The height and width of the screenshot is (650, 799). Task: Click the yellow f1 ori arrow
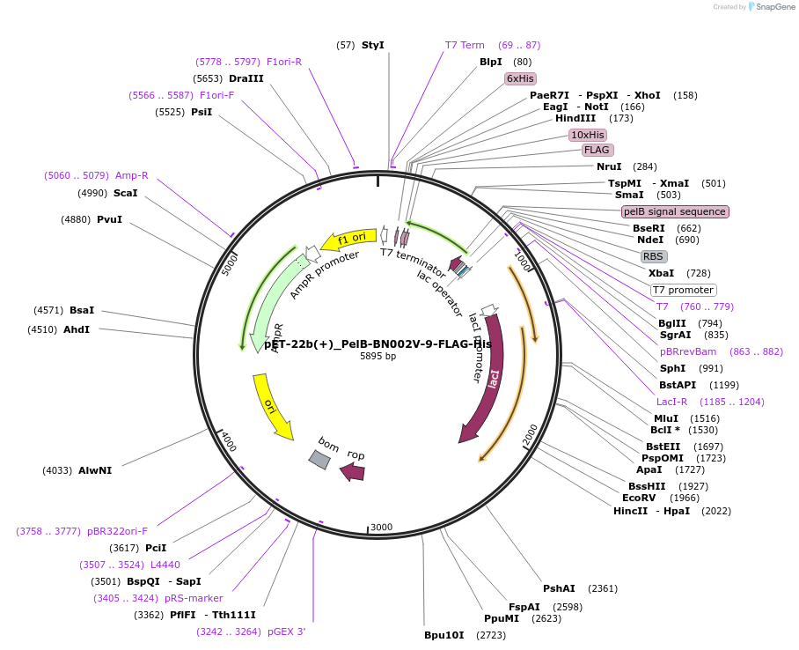(x=348, y=239)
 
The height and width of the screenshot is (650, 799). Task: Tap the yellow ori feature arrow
(x=272, y=405)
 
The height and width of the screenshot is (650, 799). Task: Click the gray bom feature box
(x=319, y=458)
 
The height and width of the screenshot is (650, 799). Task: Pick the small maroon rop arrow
(x=353, y=472)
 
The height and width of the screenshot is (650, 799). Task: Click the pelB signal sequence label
(x=675, y=211)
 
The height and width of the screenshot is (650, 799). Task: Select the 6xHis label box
(x=520, y=78)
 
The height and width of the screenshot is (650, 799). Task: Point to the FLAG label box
(x=597, y=150)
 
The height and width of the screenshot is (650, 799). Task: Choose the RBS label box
(x=653, y=256)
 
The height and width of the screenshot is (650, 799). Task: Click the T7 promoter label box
(x=683, y=290)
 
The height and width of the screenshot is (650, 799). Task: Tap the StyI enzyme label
(x=373, y=45)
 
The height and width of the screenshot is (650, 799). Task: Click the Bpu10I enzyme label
(x=443, y=634)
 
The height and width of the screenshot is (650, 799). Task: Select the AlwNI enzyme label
(x=95, y=470)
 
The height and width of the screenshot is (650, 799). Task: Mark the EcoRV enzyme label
(x=641, y=498)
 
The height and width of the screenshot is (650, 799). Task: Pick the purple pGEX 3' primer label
(x=287, y=632)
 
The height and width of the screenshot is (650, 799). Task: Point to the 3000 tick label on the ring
(x=381, y=527)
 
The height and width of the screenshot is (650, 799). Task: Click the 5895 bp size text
(x=378, y=357)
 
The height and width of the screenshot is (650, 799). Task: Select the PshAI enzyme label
(x=559, y=588)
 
